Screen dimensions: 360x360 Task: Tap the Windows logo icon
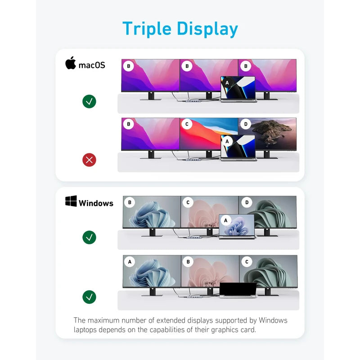point(71,201)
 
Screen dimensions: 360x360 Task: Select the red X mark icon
point(89,160)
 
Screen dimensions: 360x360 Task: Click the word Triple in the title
point(147,29)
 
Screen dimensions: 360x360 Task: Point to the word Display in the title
point(207,29)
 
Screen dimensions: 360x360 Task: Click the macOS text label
point(92,65)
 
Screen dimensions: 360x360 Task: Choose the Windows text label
point(96,203)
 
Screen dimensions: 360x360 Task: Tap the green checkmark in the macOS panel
point(89,101)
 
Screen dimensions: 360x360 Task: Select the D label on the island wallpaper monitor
point(246,124)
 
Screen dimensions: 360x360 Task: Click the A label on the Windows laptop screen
point(226,220)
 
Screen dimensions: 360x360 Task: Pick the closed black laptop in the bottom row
point(238,290)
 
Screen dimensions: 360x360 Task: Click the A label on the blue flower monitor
point(130,262)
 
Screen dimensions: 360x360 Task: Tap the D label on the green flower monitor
point(247,202)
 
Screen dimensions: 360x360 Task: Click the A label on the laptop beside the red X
point(227,141)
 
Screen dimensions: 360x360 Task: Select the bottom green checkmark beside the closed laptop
point(89,297)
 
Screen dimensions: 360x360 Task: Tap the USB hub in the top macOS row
point(193,101)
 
